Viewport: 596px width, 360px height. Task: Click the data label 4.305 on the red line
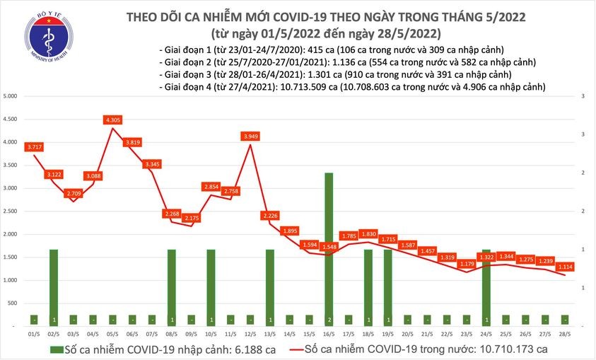coord(112,120)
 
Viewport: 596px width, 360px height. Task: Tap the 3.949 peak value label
coord(250,136)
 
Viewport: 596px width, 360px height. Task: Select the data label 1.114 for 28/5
coord(564,267)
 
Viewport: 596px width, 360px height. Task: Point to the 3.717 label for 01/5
coord(35,146)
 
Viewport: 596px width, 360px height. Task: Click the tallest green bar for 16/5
coord(329,248)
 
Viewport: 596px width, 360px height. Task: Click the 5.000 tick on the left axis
coord(10,96)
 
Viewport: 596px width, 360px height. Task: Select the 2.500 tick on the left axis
coord(10,211)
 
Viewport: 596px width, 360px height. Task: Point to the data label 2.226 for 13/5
coord(269,215)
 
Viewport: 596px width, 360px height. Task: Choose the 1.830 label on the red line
coord(368,234)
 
